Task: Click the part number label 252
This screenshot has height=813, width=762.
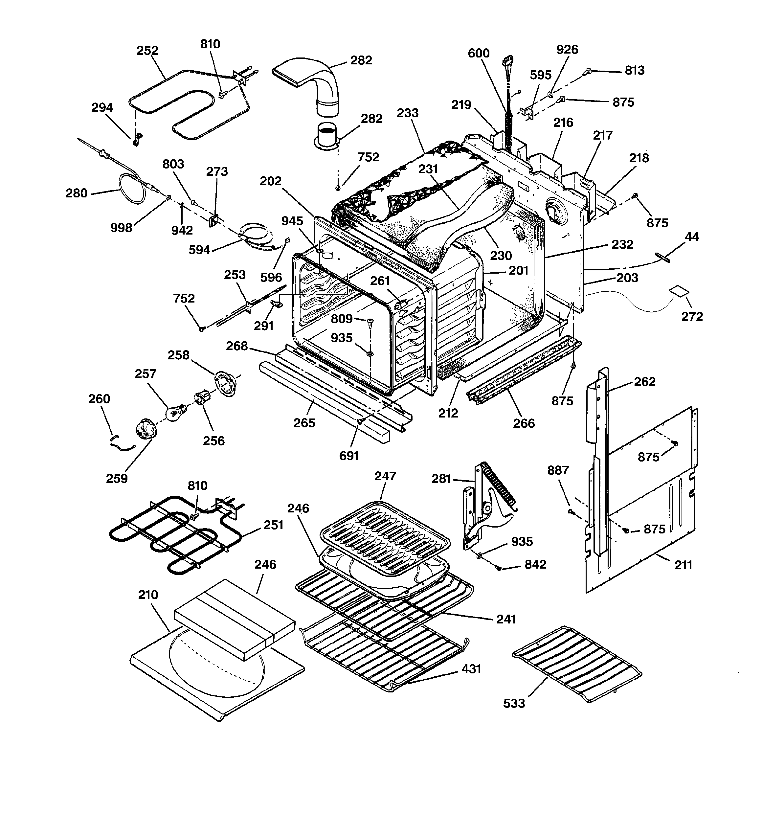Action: [x=147, y=51]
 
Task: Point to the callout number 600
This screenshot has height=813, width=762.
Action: [x=479, y=54]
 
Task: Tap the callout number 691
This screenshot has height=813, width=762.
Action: [x=349, y=456]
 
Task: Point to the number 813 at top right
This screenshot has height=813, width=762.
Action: [x=634, y=71]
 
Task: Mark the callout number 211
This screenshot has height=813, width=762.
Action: [x=683, y=565]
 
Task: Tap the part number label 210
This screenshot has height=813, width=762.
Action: [x=148, y=594]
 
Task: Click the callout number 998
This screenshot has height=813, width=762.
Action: [x=121, y=228]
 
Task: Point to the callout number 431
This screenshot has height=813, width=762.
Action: [x=471, y=669]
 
